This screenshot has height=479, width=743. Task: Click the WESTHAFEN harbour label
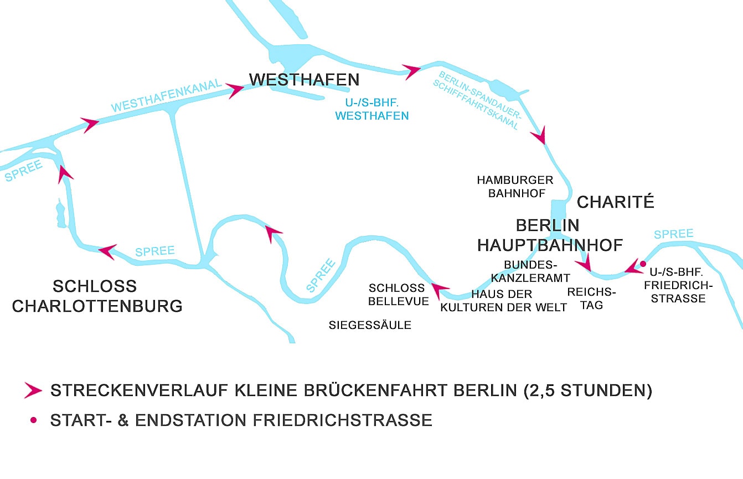(304, 80)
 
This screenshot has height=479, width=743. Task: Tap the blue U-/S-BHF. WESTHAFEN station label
(372, 109)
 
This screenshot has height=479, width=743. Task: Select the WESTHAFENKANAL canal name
(166, 97)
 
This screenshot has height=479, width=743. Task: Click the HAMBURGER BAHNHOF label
(515, 187)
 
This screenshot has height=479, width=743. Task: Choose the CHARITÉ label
(615, 202)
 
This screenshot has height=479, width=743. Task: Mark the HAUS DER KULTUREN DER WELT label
(503, 301)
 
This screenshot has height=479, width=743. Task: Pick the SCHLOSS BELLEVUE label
(398, 295)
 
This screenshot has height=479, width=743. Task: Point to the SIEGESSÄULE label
(370, 325)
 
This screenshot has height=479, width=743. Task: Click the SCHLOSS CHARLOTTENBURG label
(97, 296)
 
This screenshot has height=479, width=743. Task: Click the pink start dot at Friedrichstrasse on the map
(643, 264)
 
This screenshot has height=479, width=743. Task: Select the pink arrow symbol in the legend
(33, 390)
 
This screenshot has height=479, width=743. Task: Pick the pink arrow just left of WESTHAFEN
(235, 90)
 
